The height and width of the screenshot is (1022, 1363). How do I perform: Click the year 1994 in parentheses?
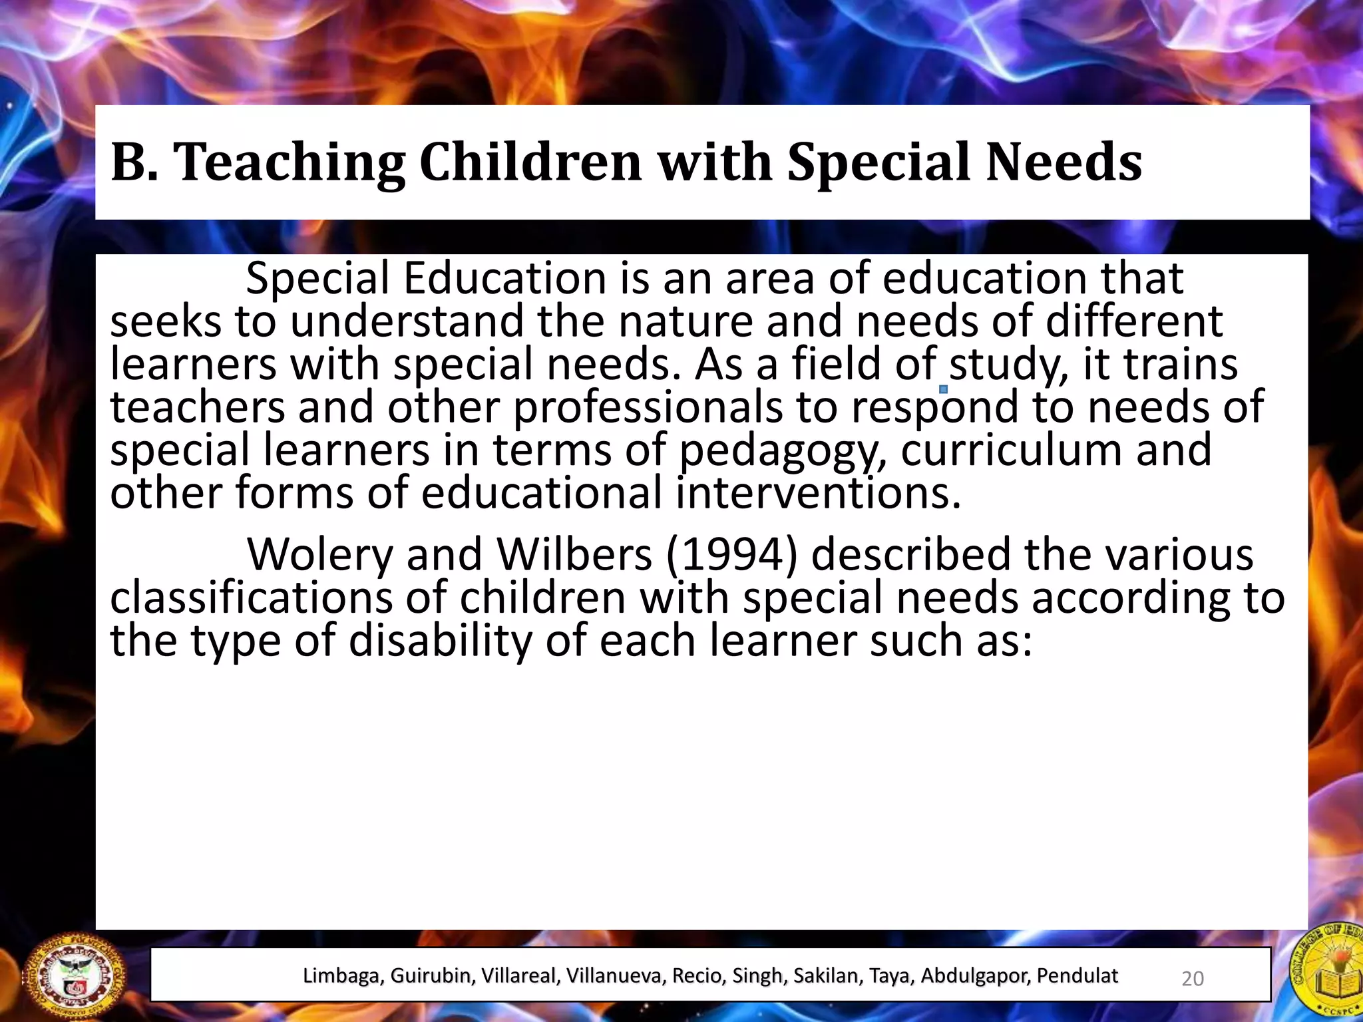(x=731, y=554)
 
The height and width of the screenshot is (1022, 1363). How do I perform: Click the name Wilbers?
(x=574, y=554)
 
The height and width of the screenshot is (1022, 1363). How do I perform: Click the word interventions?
(x=819, y=493)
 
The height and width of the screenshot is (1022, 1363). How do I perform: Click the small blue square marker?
(x=943, y=389)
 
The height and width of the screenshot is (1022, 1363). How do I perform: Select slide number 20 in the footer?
(x=1192, y=978)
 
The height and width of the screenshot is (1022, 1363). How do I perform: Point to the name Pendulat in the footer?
(x=1077, y=975)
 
